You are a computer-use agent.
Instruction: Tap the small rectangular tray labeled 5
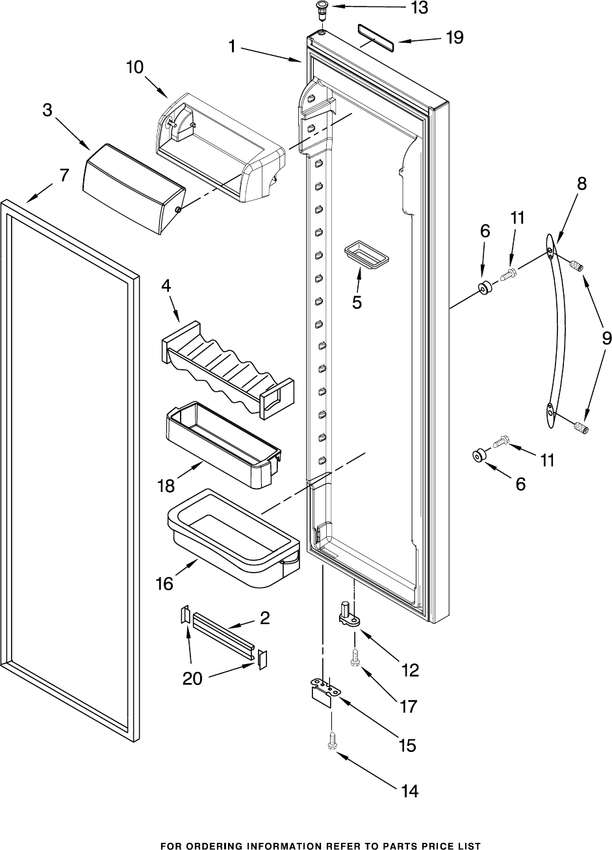pyautogui.click(x=366, y=253)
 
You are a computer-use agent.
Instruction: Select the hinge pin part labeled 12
pyautogui.click(x=349, y=614)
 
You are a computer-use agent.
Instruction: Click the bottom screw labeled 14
pyautogui.click(x=332, y=741)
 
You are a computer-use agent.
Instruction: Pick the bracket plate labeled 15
pyautogui.click(x=323, y=689)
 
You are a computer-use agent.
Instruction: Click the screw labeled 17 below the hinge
pyautogui.click(x=355, y=658)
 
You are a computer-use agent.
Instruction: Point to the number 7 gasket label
pyautogui.click(x=63, y=175)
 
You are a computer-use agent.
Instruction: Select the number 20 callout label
pyautogui.click(x=192, y=678)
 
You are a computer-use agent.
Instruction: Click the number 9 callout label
pyautogui.click(x=606, y=338)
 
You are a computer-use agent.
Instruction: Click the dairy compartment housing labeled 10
pyautogui.click(x=221, y=149)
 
